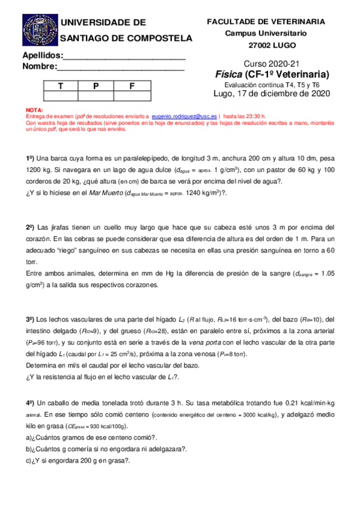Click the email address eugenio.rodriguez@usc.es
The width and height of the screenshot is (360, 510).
185,115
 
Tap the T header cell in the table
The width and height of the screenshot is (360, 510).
59,86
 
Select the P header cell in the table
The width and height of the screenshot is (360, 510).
96,86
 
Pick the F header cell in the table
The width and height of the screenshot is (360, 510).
132,86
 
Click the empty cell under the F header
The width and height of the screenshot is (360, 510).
132,96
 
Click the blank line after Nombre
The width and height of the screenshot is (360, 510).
120,67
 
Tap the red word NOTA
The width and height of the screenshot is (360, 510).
35,110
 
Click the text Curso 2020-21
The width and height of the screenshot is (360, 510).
271,64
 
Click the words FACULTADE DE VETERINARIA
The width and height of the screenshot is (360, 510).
266,21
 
